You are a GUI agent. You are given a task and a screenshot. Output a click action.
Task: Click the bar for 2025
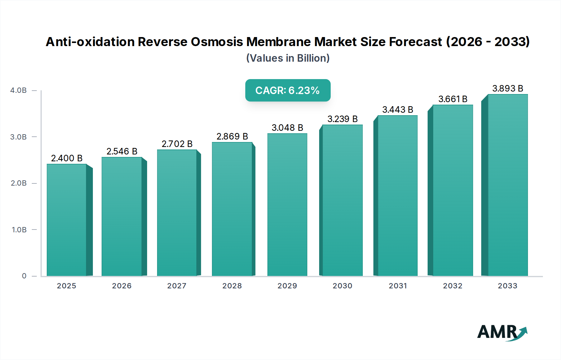67,220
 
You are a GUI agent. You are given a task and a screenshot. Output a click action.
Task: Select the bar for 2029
287,205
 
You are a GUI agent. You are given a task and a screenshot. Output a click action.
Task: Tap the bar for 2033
507,185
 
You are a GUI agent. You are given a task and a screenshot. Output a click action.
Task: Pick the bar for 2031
397,196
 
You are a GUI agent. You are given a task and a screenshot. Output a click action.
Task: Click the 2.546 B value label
122,151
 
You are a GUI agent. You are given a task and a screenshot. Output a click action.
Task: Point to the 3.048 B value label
287,128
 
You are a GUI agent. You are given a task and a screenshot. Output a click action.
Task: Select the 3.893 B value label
507,88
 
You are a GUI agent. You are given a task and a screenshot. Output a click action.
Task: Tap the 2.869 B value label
232,136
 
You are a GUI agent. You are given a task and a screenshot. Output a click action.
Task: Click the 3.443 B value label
397,110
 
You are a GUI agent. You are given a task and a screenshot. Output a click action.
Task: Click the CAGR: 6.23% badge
288,90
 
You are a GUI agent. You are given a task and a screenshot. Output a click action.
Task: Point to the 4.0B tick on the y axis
18,90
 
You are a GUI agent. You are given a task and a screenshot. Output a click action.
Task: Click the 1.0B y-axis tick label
19,230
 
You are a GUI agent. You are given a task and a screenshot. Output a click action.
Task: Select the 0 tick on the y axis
24,276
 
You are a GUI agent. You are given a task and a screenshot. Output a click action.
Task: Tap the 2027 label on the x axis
177,286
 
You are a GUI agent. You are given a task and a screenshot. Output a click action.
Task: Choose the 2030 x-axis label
342,286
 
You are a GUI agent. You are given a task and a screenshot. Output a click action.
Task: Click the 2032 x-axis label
453,286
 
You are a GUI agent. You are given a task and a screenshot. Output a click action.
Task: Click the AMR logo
502,333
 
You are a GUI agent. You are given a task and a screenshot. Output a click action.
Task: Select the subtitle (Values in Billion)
288,58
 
